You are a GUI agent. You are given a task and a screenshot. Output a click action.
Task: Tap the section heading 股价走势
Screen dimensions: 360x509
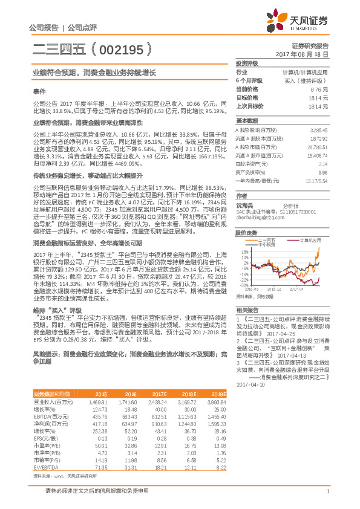tap(246, 232)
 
